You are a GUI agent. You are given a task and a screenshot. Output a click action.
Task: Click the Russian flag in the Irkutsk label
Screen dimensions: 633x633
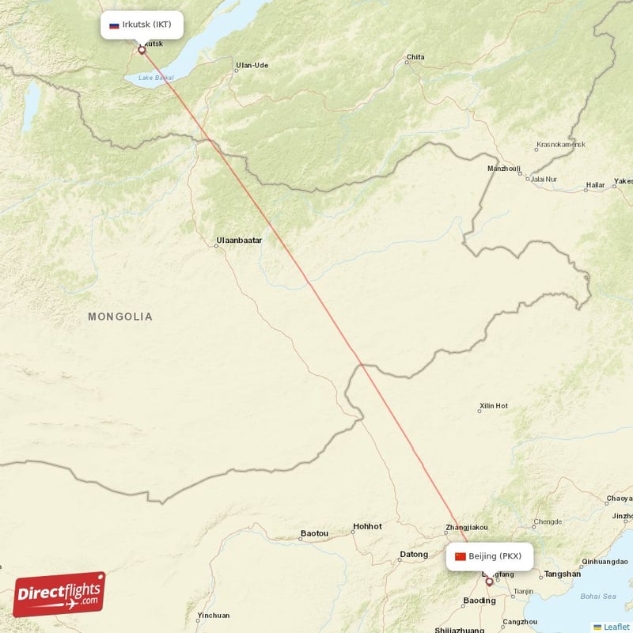(x=114, y=25)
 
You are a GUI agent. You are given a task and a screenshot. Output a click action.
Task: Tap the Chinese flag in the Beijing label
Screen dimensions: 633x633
(x=461, y=556)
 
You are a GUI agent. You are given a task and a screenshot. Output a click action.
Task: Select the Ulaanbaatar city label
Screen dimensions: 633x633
(x=239, y=239)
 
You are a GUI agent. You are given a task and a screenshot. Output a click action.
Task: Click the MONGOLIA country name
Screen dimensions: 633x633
(x=120, y=316)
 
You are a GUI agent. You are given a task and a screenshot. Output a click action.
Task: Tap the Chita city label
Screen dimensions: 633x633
(x=415, y=57)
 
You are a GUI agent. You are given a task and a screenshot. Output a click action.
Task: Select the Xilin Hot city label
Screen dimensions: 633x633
(x=493, y=407)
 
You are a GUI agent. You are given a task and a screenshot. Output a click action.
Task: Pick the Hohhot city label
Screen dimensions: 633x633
(x=367, y=526)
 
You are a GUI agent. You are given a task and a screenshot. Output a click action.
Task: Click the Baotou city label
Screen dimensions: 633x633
(x=314, y=533)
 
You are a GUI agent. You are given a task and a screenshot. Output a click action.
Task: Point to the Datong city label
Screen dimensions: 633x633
(x=414, y=554)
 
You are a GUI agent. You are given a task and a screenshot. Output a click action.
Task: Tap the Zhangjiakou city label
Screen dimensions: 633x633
(x=467, y=527)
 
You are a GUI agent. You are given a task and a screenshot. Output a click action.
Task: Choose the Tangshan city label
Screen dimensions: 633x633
(x=563, y=574)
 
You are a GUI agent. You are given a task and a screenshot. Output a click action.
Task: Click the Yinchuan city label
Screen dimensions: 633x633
(x=214, y=615)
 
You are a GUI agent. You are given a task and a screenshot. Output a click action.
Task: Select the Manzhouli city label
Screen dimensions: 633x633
(x=504, y=169)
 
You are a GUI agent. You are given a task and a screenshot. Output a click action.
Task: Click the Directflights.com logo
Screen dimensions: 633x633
(x=59, y=594)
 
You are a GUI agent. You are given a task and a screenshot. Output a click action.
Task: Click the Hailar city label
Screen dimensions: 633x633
(x=595, y=185)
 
